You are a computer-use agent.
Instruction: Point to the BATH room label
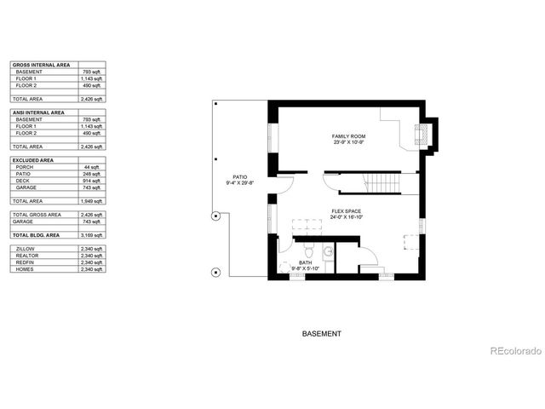[x=305, y=262]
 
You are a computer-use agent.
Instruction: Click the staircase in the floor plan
[x=380, y=182]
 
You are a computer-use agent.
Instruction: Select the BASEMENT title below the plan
[x=322, y=334]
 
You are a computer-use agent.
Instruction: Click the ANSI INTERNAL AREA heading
[x=37, y=112]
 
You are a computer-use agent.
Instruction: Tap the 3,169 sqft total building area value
[x=91, y=234]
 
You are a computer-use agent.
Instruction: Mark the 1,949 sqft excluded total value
[x=91, y=201]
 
